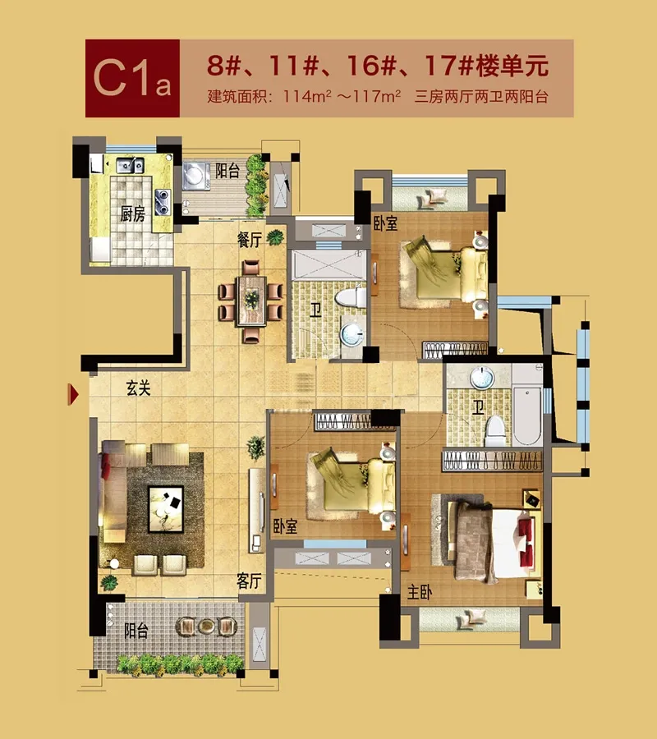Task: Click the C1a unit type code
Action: (x=132, y=79)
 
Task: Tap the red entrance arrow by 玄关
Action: (x=73, y=394)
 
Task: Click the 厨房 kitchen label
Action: (x=132, y=214)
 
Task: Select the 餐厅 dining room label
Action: (x=250, y=240)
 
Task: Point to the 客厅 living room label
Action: (x=249, y=581)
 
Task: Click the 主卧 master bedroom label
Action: (x=419, y=592)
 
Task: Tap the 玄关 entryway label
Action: (x=139, y=388)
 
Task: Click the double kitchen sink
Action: (x=130, y=165)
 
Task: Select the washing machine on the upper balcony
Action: (x=195, y=176)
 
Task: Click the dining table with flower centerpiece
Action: (x=251, y=301)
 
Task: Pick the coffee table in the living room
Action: (x=166, y=509)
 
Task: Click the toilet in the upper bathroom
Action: (x=350, y=298)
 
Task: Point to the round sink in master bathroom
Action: (x=481, y=378)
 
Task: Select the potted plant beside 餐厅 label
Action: (x=276, y=237)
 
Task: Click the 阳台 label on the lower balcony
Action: (x=136, y=631)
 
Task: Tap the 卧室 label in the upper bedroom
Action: (x=385, y=223)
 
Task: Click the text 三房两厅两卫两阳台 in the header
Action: (x=481, y=97)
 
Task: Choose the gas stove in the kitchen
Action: (x=163, y=201)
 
